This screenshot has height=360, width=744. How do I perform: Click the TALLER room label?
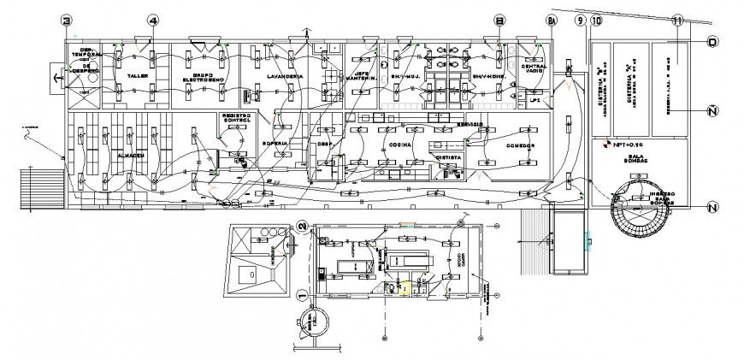137,76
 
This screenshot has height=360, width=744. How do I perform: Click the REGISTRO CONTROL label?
235,118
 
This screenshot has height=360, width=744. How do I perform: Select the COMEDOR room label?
519,146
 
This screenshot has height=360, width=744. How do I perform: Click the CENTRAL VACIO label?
534,68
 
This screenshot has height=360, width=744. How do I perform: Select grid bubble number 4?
152,20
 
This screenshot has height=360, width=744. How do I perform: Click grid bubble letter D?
712,40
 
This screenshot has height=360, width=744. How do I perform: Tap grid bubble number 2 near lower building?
302,226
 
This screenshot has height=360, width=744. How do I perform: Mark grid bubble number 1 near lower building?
301,295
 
